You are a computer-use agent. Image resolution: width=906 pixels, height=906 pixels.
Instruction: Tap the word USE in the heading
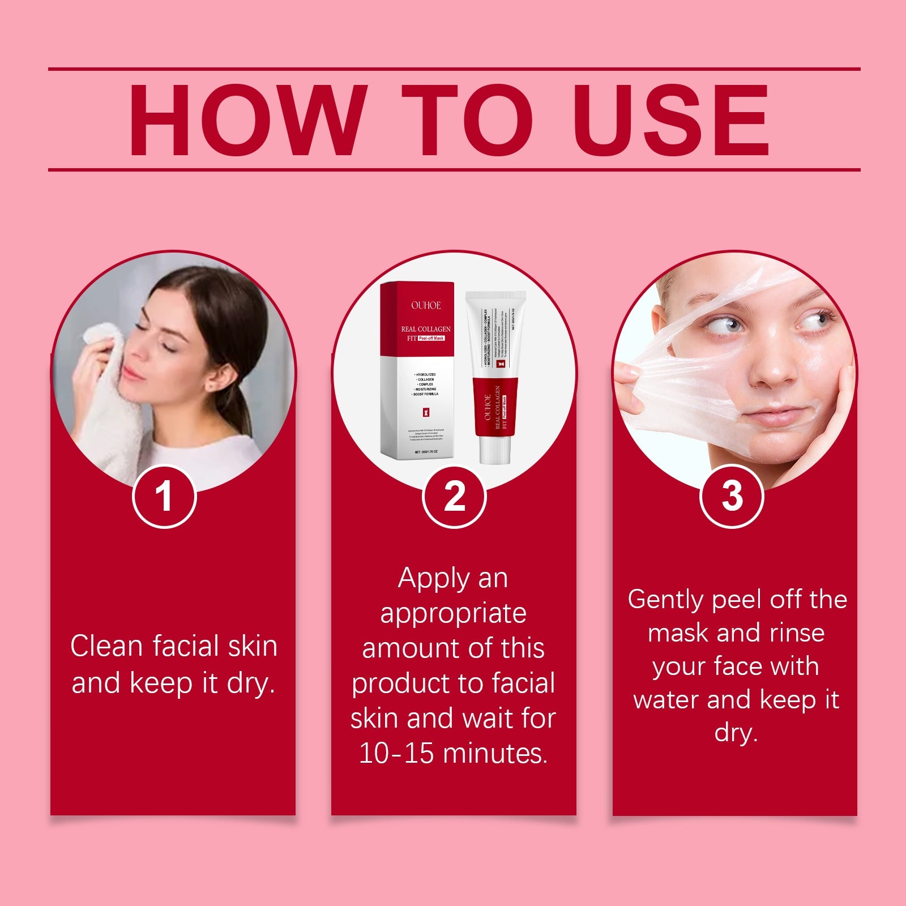point(673,120)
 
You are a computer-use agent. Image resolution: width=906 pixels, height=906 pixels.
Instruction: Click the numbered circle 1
point(164,497)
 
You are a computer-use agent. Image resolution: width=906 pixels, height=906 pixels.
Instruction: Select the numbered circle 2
point(454,497)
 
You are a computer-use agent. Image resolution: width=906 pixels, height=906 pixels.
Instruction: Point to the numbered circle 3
point(732,497)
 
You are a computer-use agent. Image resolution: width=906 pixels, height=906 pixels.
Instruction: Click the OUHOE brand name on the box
point(426,305)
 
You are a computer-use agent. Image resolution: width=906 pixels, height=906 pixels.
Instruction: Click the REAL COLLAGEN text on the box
point(426,329)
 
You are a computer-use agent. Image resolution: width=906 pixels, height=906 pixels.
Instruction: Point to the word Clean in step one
point(106,646)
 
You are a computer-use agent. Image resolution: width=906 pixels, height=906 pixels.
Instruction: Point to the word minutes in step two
point(495,753)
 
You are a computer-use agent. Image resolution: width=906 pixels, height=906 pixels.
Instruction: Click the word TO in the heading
point(467,120)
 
